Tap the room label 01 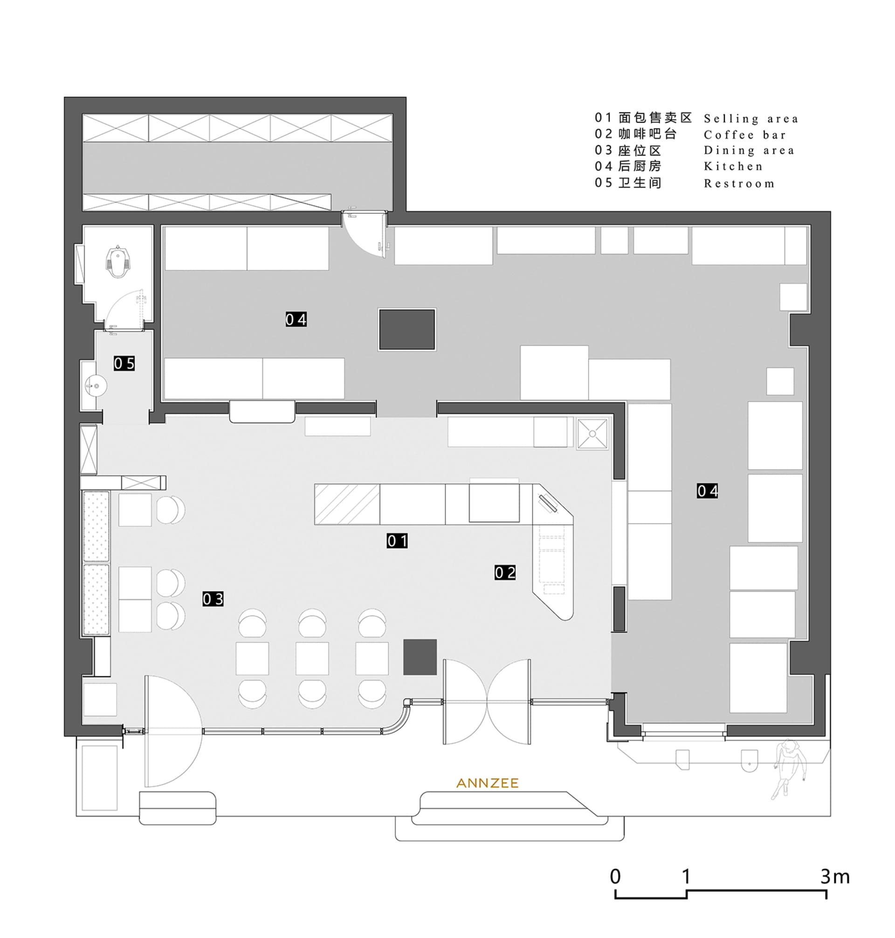point(397,541)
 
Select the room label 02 point(505,572)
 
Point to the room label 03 point(213,599)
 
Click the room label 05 point(124,364)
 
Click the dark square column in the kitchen point(407,329)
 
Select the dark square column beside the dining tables point(420,657)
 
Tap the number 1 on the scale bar point(686,876)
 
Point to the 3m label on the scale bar point(835,876)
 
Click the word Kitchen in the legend point(733,166)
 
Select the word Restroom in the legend point(739,183)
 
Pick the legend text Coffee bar point(744,135)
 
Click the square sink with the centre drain point(592,434)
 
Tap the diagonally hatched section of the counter point(347,504)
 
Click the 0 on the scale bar point(615,876)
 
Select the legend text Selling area point(751,118)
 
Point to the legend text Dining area point(749,151)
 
